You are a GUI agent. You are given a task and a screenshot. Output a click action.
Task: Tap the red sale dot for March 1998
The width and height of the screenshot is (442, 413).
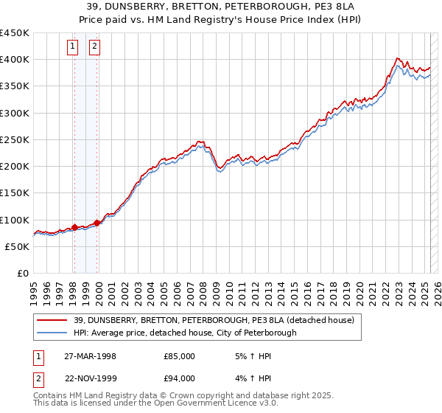coord(74,228)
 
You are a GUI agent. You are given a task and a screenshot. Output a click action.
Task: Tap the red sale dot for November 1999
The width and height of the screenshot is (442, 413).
coord(97,223)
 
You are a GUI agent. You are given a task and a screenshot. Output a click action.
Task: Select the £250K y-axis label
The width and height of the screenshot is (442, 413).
coord(15,139)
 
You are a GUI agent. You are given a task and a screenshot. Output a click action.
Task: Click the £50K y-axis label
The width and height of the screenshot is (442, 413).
coord(18,246)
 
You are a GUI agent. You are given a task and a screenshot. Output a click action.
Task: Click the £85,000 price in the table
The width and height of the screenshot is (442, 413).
coord(179,356)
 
